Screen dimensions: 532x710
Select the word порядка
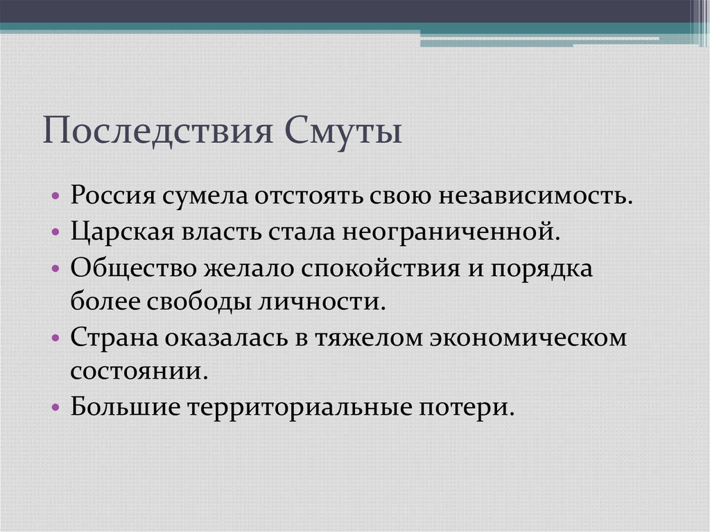pos(543,268)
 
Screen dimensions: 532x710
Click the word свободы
pos(194,302)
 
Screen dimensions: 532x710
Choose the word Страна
pos(112,338)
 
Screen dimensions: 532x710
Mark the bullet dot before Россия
pos(56,196)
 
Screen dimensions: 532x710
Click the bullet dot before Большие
pos(56,408)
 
